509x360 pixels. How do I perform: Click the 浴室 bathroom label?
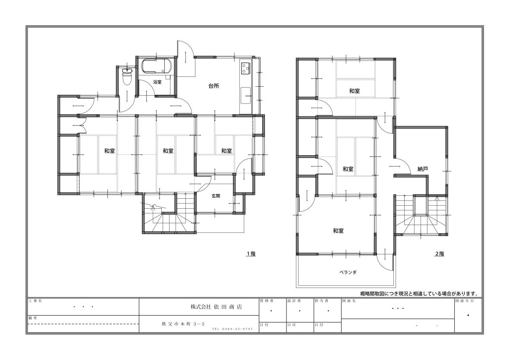[x=157, y=82]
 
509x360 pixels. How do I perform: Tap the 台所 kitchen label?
[x=214, y=86]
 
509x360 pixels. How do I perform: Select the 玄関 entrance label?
[x=216, y=196]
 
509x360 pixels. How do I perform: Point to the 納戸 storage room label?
[x=423, y=169]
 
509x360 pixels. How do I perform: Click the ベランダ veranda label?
[x=348, y=272]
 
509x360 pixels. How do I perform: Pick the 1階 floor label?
[x=251, y=254]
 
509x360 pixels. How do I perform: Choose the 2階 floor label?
[x=440, y=254]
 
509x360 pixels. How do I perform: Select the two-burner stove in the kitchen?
[x=245, y=68]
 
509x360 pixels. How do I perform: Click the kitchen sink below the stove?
[x=246, y=95]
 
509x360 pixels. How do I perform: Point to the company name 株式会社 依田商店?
[x=216, y=307]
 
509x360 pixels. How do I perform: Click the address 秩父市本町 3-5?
[x=183, y=324]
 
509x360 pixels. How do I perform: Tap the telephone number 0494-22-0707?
[x=233, y=329]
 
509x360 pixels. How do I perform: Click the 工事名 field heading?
[x=35, y=301]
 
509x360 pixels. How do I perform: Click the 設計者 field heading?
[x=294, y=301]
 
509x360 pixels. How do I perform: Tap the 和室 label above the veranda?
[x=338, y=231]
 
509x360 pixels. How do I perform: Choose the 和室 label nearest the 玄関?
[x=226, y=151]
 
